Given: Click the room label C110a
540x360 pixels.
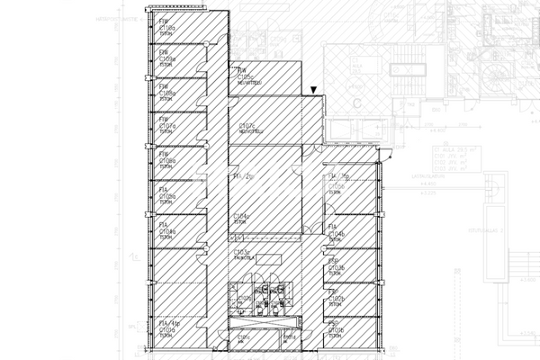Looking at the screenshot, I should (x=167, y=30).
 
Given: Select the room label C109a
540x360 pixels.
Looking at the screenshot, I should (x=168, y=58).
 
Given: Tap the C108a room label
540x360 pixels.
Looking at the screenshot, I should (x=168, y=93).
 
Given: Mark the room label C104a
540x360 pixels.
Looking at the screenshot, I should (x=168, y=230).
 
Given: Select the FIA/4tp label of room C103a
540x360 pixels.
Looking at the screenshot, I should (x=168, y=322).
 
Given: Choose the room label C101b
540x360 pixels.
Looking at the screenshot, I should (x=337, y=330).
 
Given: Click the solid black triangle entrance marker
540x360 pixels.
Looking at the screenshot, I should (x=312, y=90).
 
